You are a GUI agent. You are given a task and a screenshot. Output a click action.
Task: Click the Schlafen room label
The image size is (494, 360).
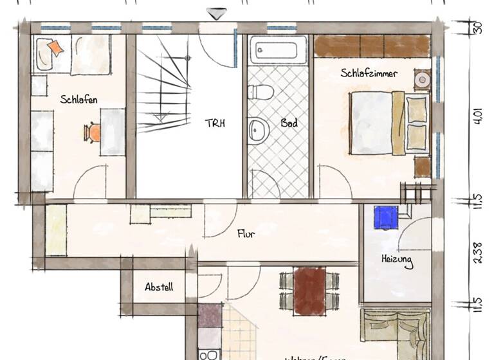point(79,100)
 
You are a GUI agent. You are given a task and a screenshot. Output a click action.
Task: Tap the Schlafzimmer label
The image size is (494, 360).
point(369,73)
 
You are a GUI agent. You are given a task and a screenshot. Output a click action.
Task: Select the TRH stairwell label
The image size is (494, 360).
point(214,122)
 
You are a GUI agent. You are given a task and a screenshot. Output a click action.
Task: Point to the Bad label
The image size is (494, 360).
point(289,122)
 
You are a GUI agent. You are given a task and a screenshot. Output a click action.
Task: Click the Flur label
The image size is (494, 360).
point(246,234)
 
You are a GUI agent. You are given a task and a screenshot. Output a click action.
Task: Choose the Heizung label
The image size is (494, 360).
point(397,261)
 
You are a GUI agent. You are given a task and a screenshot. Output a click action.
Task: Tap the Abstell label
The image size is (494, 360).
point(159,287)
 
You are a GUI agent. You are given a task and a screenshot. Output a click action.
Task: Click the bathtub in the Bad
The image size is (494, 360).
point(279,50)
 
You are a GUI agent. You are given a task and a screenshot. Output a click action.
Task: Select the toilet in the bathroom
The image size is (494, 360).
point(261,91)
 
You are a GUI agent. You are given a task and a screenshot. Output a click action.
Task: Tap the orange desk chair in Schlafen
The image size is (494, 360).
point(93,132)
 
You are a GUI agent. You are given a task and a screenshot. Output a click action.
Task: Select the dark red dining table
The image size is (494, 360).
point(309,291)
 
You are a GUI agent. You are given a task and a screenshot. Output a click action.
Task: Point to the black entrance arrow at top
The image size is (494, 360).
point(216,13)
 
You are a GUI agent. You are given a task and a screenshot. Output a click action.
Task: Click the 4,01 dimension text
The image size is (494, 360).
point(477,118)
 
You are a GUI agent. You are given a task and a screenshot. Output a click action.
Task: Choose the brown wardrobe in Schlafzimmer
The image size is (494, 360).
point(372,46)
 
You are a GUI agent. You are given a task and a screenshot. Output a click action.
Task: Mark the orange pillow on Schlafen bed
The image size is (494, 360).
point(55,48)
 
